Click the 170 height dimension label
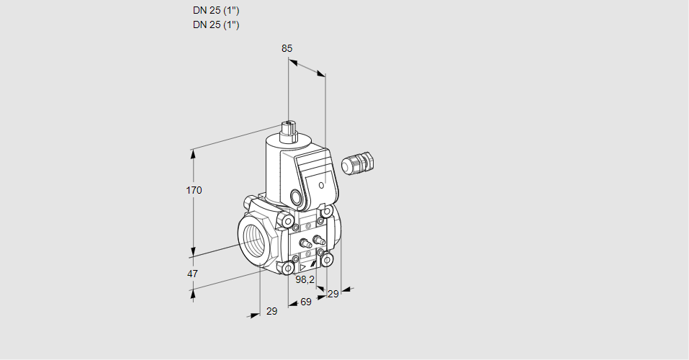tap(194, 190)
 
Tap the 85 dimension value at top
tap(287, 48)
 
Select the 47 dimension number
tap(192, 274)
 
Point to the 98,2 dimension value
tap(305, 279)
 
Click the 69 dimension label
tap(306, 302)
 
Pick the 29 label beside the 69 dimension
tap(333, 294)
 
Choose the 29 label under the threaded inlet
tap(272, 311)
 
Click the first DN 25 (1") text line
tap(216, 11)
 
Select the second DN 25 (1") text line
tap(216, 24)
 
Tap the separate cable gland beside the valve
tap(358, 163)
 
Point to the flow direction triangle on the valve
tap(302, 267)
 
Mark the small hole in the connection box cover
tap(322, 186)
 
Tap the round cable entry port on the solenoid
tap(298, 197)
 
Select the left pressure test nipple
tap(304, 243)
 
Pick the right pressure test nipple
tap(318, 240)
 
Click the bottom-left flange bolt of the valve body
tap(289, 268)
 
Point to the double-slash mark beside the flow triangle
tap(313, 264)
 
